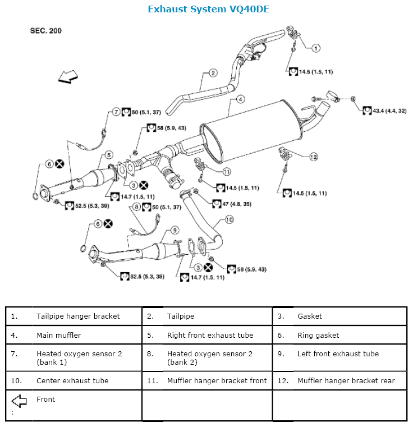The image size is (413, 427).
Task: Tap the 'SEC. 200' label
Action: tap(46, 31)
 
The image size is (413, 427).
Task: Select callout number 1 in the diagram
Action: tap(316, 48)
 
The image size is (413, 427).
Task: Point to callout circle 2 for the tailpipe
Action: tap(213, 72)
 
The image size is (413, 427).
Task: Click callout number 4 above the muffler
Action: tap(240, 99)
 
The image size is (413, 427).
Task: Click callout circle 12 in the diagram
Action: tap(313, 156)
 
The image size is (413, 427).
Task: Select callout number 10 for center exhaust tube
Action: tap(228, 219)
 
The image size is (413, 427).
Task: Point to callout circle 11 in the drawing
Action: tap(227, 172)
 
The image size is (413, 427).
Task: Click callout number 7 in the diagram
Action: tap(116, 112)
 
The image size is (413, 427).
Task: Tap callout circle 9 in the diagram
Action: tap(175, 229)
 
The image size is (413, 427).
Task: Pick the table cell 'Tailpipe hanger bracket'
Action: tap(78, 316)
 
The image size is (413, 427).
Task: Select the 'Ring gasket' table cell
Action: tap(318, 335)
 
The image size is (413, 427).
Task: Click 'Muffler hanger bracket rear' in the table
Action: tap(346, 380)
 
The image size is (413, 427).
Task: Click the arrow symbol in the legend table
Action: tap(19, 400)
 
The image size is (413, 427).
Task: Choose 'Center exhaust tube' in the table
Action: tap(72, 380)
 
